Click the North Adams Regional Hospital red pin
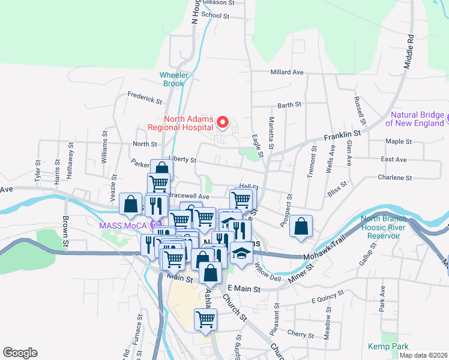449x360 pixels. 223,123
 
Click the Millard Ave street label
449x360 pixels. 287,72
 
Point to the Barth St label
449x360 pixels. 289,105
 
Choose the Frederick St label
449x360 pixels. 145,97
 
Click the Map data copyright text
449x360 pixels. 423,355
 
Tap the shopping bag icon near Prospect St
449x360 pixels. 301,227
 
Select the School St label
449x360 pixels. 215,16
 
